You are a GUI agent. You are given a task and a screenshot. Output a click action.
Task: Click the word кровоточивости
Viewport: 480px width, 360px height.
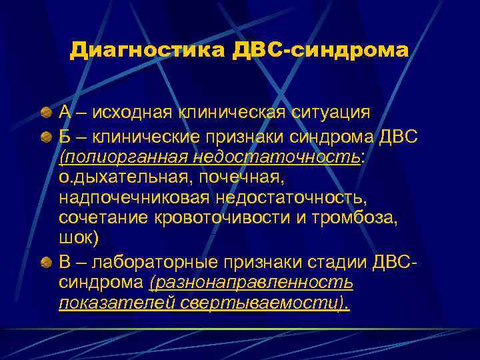coord(216,217)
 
